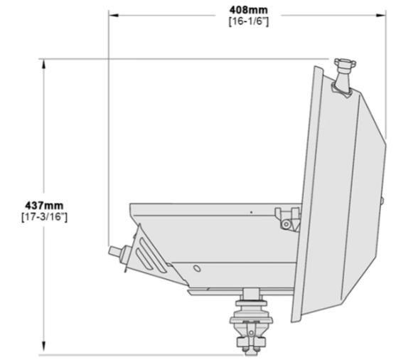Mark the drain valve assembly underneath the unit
(251, 321)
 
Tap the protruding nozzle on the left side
(117, 255)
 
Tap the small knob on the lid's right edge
(382, 202)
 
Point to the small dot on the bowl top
(251, 211)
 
